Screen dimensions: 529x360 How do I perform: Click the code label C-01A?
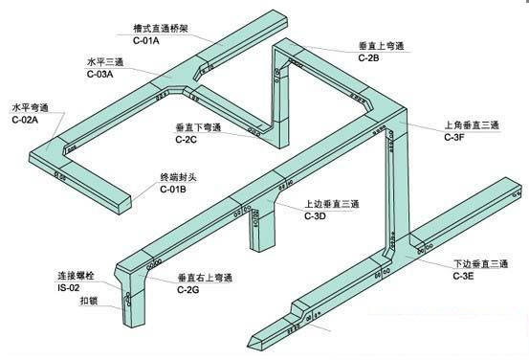click(x=146, y=41)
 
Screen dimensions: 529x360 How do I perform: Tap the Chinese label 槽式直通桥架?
click(x=161, y=29)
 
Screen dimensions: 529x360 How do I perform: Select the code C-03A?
click(x=100, y=74)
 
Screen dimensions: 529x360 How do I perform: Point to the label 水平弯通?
click(x=31, y=108)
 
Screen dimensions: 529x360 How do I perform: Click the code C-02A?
click(x=25, y=120)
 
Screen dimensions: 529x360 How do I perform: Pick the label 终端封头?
click(x=178, y=177)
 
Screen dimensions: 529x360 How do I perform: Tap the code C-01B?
click(x=173, y=190)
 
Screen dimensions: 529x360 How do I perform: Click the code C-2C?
click(x=186, y=140)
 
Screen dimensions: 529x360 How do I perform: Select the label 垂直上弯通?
click(x=382, y=46)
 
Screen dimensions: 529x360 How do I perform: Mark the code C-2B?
click(x=368, y=57)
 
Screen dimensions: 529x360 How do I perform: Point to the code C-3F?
click(x=454, y=137)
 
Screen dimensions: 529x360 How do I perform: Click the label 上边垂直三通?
click(x=332, y=204)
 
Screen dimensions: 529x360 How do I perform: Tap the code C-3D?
click(x=315, y=215)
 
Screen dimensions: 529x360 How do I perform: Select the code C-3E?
click(x=463, y=276)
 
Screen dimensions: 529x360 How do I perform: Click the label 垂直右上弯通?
click(x=205, y=278)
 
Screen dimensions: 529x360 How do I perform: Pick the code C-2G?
click(x=188, y=290)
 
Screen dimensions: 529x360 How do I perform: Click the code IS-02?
click(x=69, y=288)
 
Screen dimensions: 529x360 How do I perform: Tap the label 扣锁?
click(x=89, y=301)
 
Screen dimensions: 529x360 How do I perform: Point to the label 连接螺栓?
click(x=76, y=276)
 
